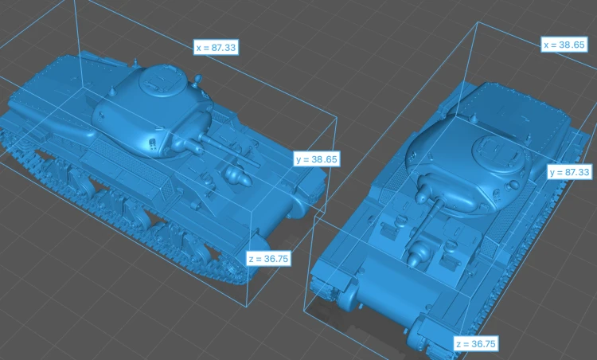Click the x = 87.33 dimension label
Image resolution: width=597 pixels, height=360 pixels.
216,47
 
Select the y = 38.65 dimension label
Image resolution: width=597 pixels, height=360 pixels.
317,158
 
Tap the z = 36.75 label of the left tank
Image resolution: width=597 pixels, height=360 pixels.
268,259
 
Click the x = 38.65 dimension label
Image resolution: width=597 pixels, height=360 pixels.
564,45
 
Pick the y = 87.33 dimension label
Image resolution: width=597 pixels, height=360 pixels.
570,172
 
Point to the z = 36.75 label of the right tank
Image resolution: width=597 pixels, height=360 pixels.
476,344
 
